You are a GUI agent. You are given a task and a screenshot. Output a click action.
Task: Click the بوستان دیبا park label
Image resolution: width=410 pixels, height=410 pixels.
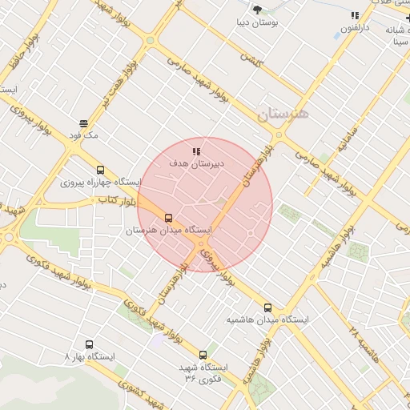(x=256, y=24)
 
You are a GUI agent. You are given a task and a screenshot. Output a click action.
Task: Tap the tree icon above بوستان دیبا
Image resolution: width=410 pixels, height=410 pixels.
(x=257, y=10)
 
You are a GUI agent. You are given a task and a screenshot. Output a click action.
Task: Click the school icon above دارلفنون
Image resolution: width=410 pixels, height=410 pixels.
(x=354, y=14)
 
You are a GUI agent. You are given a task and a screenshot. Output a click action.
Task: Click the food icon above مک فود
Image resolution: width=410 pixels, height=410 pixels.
(x=83, y=123)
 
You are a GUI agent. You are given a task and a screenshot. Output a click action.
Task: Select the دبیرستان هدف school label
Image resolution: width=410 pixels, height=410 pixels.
(x=195, y=163)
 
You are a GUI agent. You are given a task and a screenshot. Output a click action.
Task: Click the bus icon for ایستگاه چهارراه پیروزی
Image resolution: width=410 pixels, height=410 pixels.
(x=100, y=170)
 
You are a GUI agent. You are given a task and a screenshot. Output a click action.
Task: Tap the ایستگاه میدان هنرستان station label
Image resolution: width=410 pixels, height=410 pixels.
(x=168, y=231)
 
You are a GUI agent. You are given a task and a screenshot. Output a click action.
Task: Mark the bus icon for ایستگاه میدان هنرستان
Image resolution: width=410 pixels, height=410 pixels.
(x=168, y=217)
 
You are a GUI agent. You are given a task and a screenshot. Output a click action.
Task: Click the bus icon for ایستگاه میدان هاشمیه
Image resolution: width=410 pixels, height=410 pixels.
(x=267, y=307)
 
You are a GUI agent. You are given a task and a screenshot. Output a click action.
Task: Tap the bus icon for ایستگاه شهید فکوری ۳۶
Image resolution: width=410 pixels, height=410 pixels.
(x=202, y=354)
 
